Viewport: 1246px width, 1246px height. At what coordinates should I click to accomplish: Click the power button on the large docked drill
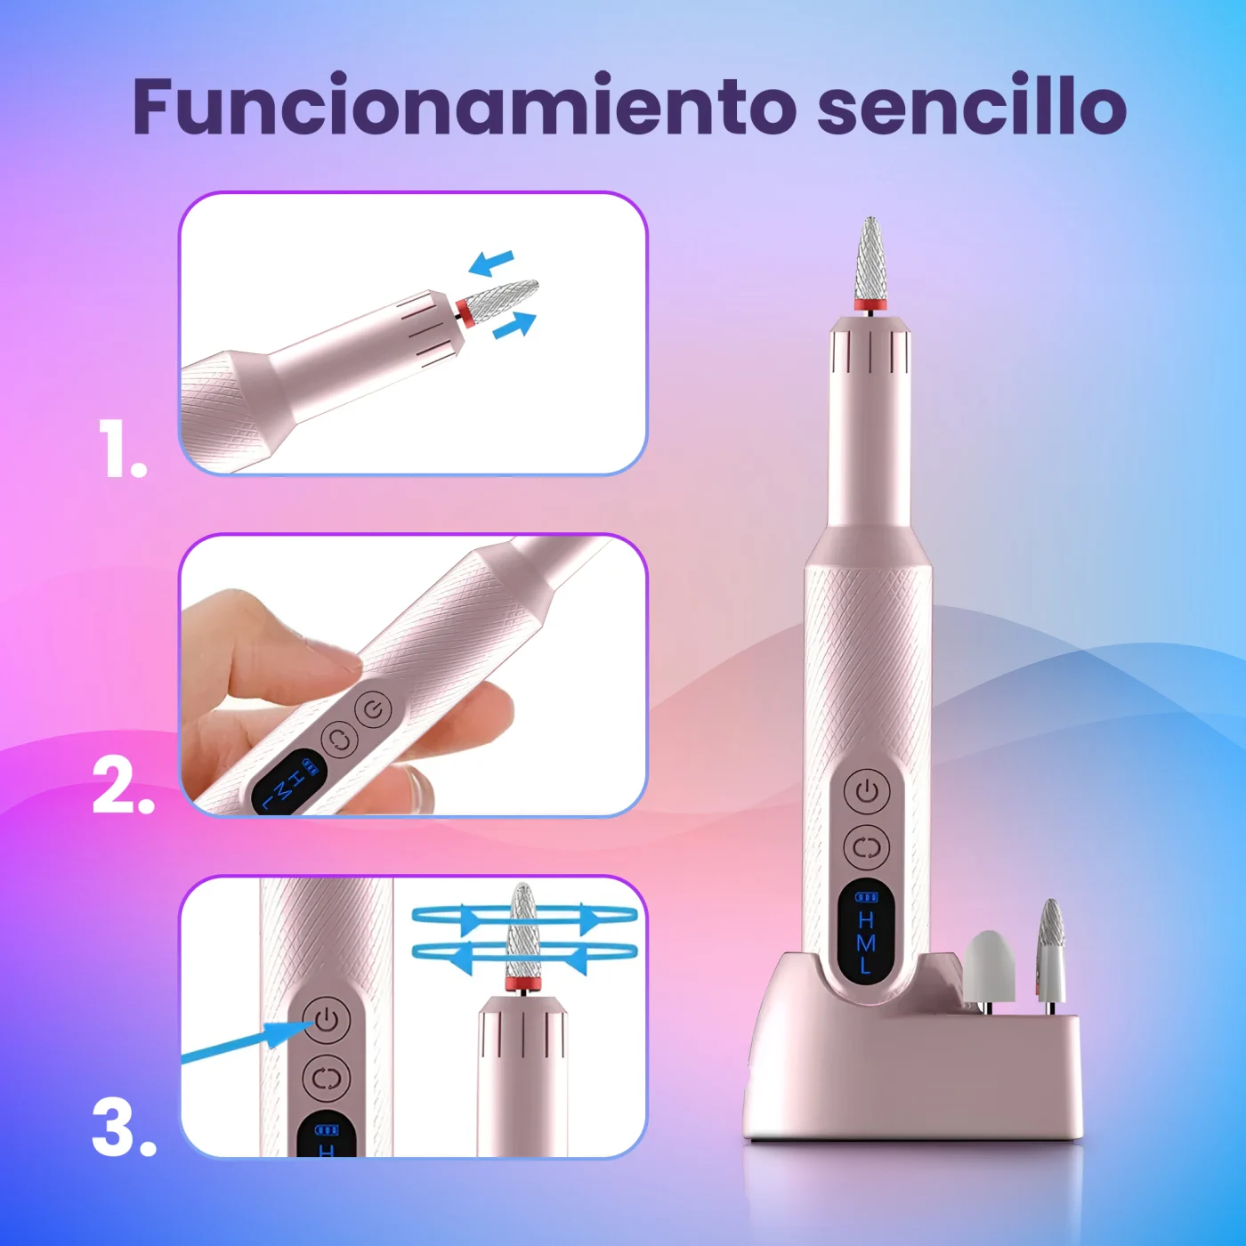click(867, 791)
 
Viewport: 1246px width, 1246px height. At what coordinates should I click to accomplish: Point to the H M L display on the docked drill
click(867, 932)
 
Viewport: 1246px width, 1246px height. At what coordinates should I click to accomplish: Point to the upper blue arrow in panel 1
click(490, 263)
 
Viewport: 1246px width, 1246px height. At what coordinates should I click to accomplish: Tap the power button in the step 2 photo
click(374, 709)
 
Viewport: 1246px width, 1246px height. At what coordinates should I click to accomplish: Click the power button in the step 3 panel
click(328, 1020)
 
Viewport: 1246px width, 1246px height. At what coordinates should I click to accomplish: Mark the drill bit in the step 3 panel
click(522, 933)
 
